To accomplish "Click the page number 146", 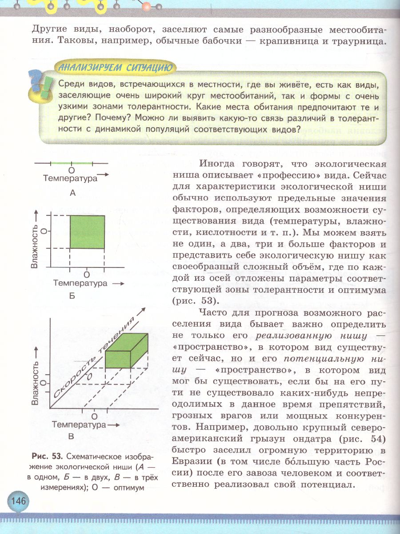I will click(17, 501).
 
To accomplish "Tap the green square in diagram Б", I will click(87, 231).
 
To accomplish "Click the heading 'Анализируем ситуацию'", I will click(113, 68).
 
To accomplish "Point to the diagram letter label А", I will click(73, 193).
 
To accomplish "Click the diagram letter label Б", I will click(72, 295).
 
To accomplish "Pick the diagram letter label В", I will click(71, 437).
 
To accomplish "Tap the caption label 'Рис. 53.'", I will click(48, 457).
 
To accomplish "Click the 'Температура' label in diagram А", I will click(70, 179).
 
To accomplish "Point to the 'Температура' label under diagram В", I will click(79, 425).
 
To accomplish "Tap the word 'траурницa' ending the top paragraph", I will click(353, 42).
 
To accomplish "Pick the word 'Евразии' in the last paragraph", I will click(192, 462).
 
